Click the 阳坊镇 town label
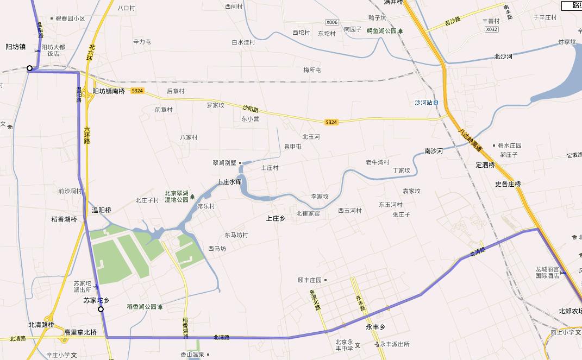16,47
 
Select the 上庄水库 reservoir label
229,182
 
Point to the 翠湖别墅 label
224,162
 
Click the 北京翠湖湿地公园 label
177,196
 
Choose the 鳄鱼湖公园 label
381,30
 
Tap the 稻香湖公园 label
142,307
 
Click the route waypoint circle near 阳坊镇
30,68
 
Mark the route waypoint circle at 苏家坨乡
101,309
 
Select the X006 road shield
331,22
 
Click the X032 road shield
491,29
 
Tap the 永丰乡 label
376,327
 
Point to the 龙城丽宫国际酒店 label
547,273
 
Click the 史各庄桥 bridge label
508,184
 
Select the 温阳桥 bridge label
102,210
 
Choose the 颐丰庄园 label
310,280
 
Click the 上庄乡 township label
276,218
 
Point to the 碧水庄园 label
510,146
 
